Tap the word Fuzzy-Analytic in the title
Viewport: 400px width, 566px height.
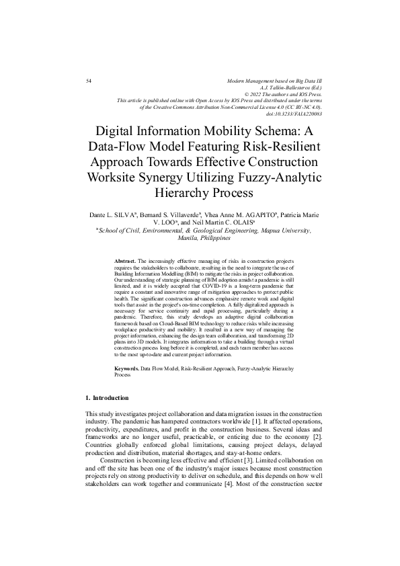click(281, 177)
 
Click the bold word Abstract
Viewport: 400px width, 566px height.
click(126, 259)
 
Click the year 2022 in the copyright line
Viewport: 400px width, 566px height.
click(258, 93)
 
